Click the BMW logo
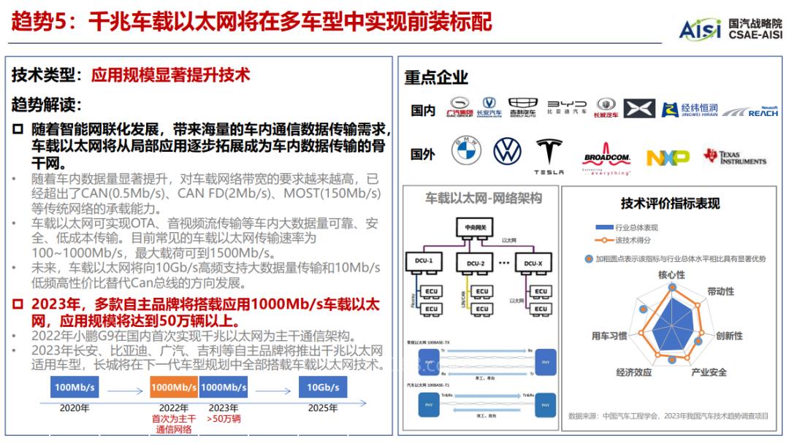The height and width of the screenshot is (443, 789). (x=466, y=153)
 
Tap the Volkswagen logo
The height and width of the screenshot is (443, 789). (x=506, y=152)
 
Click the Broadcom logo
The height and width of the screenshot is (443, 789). (x=606, y=160)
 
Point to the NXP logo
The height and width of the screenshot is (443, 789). (x=668, y=158)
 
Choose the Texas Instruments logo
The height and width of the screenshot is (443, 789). (x=734, y=157)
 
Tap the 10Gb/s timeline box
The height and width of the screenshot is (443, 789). (x=322, y=387)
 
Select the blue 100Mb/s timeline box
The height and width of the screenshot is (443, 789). (x=75, y=387)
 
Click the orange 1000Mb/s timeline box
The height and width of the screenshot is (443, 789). (x=173, y=387)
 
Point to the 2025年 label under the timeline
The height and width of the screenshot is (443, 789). (x=322, y=408)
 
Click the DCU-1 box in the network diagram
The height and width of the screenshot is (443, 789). (x=424, y=261)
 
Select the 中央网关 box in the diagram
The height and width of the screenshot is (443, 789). (x=475, y=228)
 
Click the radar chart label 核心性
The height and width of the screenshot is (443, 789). (x=671, y=275)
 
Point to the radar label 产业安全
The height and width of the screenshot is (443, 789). (x=709, y=372)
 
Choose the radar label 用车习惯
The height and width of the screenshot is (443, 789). (x=609, y=336)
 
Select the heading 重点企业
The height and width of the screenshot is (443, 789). (x=436, y=77)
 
